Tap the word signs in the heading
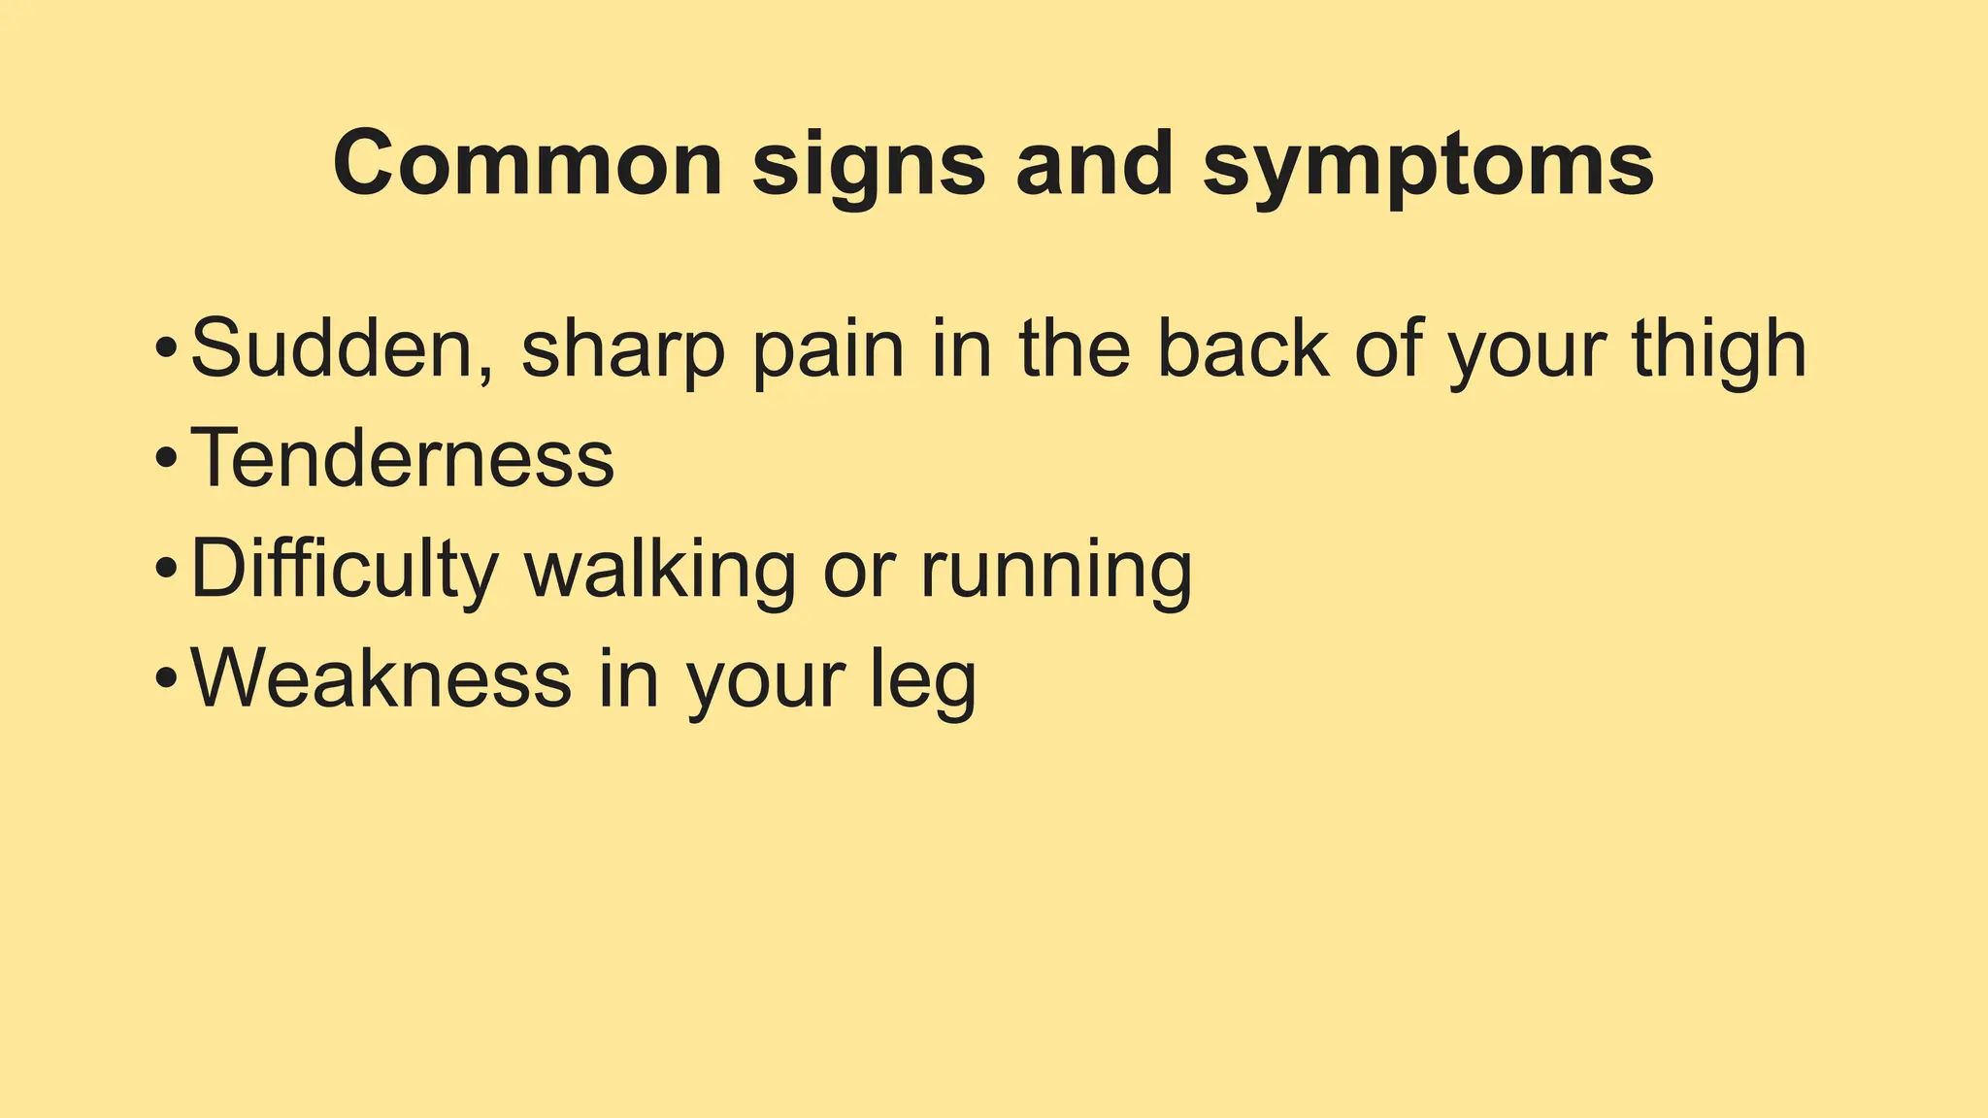click(869, 167)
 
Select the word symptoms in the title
click(1428, 167)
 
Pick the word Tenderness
click(402, 458)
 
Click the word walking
click(661, 571)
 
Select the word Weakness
click(381, 678)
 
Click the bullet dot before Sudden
click(166, 346)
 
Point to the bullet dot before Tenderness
click(166, 457)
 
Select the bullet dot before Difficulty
click(166, 568)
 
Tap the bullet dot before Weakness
click(166, 678)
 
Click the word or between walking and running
click(856, 573)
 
